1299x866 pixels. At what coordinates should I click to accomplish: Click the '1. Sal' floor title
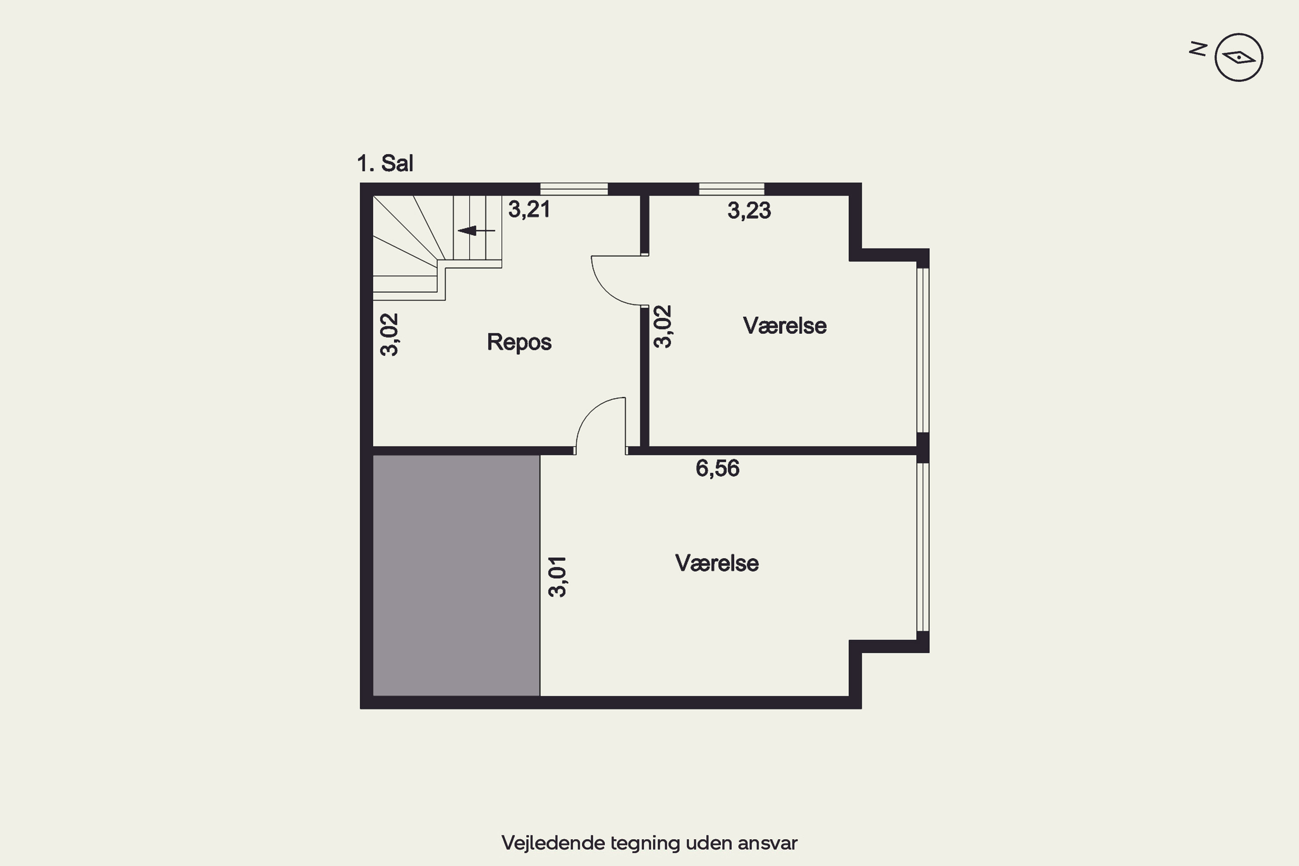click(385, 164)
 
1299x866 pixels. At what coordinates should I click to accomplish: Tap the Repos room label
click(519, 343)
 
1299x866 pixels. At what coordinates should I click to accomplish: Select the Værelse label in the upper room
click(785, 326)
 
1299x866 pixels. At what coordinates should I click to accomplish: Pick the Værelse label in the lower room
click(717, 563)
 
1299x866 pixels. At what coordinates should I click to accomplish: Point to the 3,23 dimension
click(749, 211)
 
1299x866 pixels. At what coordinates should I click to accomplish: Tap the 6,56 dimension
click(717, 469)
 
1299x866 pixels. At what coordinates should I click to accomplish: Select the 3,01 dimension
click(557, 577)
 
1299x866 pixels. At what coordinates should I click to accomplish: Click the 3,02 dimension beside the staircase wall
click(389, 335)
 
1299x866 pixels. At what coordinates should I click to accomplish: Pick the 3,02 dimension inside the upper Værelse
click(663, 326)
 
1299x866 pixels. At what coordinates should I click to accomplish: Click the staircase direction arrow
click(476, 230)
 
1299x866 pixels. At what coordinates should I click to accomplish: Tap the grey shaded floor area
click(456, 575)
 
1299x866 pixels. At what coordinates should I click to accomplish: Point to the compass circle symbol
click(1239, 58)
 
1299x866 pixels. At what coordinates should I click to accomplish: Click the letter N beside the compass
click(1198, 50)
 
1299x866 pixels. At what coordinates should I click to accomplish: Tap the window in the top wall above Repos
click(574, 189)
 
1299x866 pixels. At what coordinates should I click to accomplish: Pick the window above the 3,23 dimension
click(731, 189)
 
